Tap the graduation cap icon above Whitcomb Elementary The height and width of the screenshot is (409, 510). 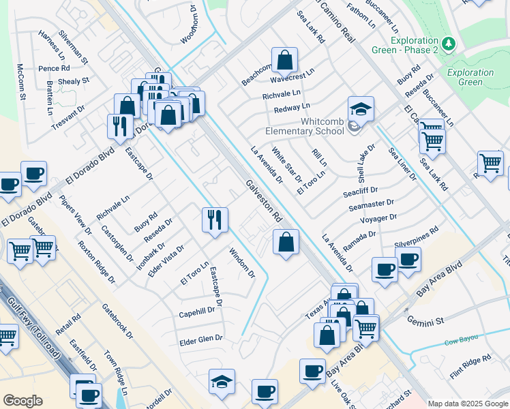point(361,109)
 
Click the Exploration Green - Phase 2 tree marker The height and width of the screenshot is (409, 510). point(448,44)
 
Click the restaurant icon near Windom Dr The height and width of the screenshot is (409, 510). point(215,219)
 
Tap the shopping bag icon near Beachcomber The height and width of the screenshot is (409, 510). point(284,60)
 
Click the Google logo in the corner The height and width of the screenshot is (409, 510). point(22,401)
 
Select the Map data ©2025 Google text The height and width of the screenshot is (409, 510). point(468,404)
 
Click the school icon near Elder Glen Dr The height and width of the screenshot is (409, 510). point(222,382)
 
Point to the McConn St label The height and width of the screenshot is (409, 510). point(21,82)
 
